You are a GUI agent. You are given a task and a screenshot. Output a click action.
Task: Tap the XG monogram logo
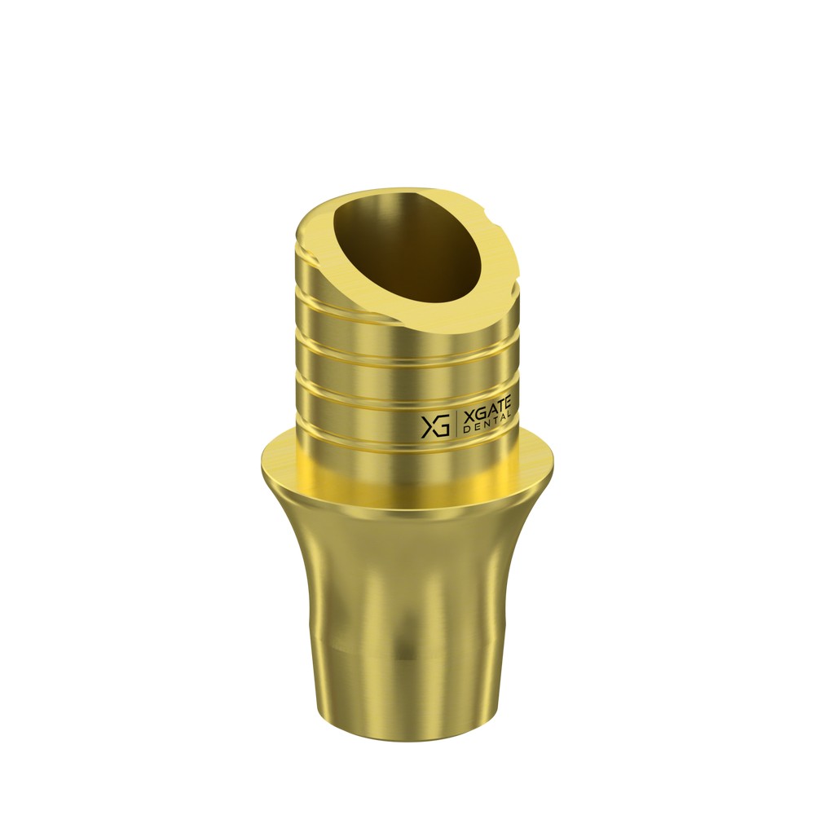(x=435, y=425)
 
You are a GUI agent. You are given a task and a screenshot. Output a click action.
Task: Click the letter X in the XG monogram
(x=430, y=426)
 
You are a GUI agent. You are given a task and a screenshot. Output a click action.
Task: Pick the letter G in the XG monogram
(x=443, y=425)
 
